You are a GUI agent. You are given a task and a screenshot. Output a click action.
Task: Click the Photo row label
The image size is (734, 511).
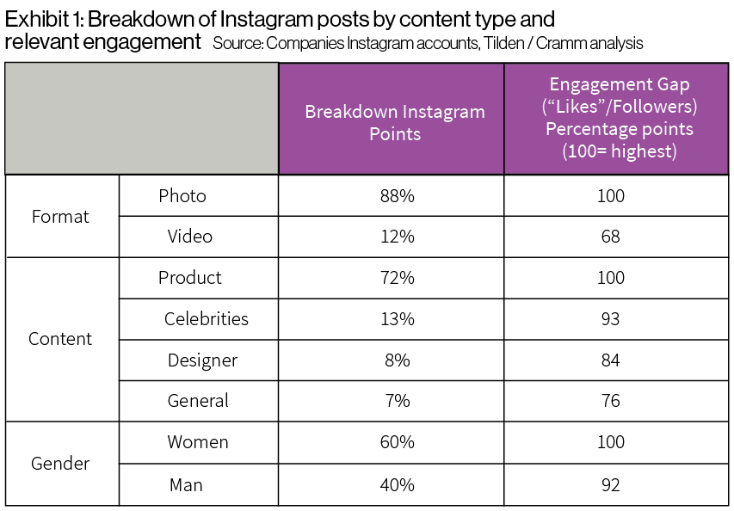click(x=182, y=196)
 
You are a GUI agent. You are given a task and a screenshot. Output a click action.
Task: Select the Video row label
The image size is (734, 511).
click(x=190, y=237)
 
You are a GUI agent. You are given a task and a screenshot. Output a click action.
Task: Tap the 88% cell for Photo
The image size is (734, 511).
click(x=397, y=196)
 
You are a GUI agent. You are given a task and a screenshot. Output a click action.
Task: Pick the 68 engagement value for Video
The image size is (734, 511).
click(x=611, y=237)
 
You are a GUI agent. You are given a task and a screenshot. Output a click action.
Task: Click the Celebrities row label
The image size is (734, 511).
click(x=207, y=319)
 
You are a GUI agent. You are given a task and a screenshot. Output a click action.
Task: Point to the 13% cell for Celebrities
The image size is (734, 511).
click(x=397, y=319)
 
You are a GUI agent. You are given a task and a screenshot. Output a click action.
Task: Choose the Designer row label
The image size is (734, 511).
click(x=202, y=360)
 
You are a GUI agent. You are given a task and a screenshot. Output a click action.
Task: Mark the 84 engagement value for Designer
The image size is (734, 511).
click(x=611, y=360)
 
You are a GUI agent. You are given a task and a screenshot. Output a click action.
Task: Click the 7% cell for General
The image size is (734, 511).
click(x=397, y=401)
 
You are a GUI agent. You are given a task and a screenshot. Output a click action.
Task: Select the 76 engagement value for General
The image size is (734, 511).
click(x=611, y=401)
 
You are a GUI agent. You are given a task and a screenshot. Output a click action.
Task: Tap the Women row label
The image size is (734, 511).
click(x=198, y=442)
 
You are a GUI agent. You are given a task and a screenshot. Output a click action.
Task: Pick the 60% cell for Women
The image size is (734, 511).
click(x=397, y=442)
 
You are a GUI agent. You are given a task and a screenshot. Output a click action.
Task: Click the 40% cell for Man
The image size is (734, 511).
click(x=397, y=485)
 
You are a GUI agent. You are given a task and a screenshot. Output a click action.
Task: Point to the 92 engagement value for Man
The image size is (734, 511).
click(x=611, y=485)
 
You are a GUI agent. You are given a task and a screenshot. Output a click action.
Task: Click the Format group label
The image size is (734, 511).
click(x=60, y=217)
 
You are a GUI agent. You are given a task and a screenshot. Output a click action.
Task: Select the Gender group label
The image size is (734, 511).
click(x=60, y=464)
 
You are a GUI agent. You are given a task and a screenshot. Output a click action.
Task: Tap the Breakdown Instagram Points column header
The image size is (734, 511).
click(x=395, y=122)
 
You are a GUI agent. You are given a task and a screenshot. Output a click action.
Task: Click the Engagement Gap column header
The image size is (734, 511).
click(x=619, y=118)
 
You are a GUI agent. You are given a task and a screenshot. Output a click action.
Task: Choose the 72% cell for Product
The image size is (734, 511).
click(x=397, y=278)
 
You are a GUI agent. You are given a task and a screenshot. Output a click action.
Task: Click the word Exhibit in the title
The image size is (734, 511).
click(x=34, y=19)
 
